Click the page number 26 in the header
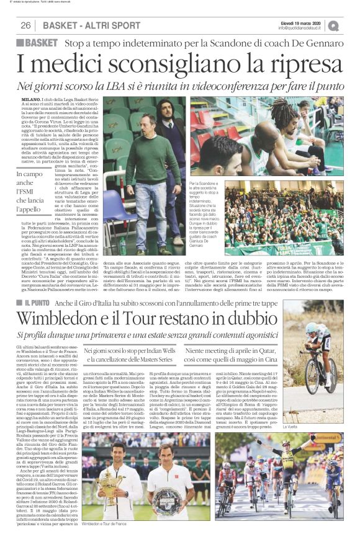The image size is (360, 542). point(25,25)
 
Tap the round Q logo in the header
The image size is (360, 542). point(333,25)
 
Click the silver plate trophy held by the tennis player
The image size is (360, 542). point(172,500)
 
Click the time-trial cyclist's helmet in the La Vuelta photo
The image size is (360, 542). point(311,328)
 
